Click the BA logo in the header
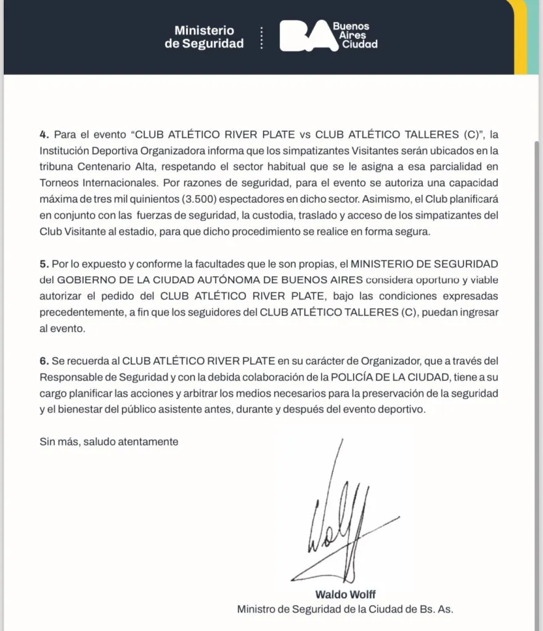pyautogui.click(x=304, y=36)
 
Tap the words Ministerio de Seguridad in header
pyautogui.click(x=204, y=37)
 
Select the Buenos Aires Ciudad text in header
pyautogui.click(x=355, y=36)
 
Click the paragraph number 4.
pyautogui.click(x=44, y=134)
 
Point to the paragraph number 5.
pyautogui.click(x=44, y=264)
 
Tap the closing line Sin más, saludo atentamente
pyautogui.click(x=108, y=441)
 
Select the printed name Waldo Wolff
pyautogui.click(x=345, y=595)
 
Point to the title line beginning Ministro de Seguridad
pyautogui.click(x=345, y=609)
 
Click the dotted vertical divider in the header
pyautogui.click(x=262, y=37)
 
